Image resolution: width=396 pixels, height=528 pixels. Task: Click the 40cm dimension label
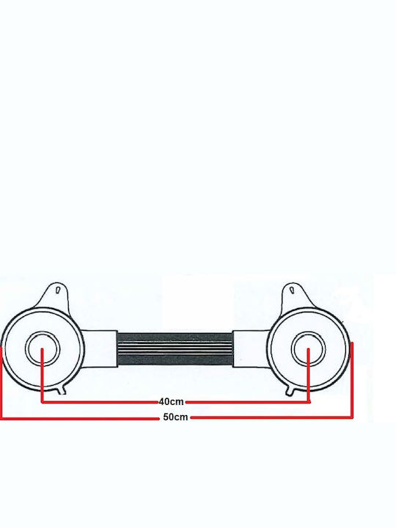coord(172,401)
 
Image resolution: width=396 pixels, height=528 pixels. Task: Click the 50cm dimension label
coord(175,417)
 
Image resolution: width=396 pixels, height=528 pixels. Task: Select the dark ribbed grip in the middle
coord(175,348)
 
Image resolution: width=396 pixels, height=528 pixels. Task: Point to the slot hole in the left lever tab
coord(58,290)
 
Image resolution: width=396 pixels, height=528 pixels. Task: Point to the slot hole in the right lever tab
coord(292,290)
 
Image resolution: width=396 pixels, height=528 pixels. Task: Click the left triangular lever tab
coord(56,296)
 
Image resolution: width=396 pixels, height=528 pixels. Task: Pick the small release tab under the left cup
coord(62,390)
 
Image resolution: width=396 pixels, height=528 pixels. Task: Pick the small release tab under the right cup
coord(290,391)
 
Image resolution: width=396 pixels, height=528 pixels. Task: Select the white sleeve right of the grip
coord(250,349)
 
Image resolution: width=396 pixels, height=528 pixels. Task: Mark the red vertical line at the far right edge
coord(352,381)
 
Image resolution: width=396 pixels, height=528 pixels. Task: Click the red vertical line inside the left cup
coord(42,375)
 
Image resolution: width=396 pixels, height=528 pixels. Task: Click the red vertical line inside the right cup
coord(309,375)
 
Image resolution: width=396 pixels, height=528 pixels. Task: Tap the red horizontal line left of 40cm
coord(100,402)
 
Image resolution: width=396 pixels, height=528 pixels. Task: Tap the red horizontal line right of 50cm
coord(272,417)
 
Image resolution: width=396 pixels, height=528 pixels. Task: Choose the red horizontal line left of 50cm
coord(80,419)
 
